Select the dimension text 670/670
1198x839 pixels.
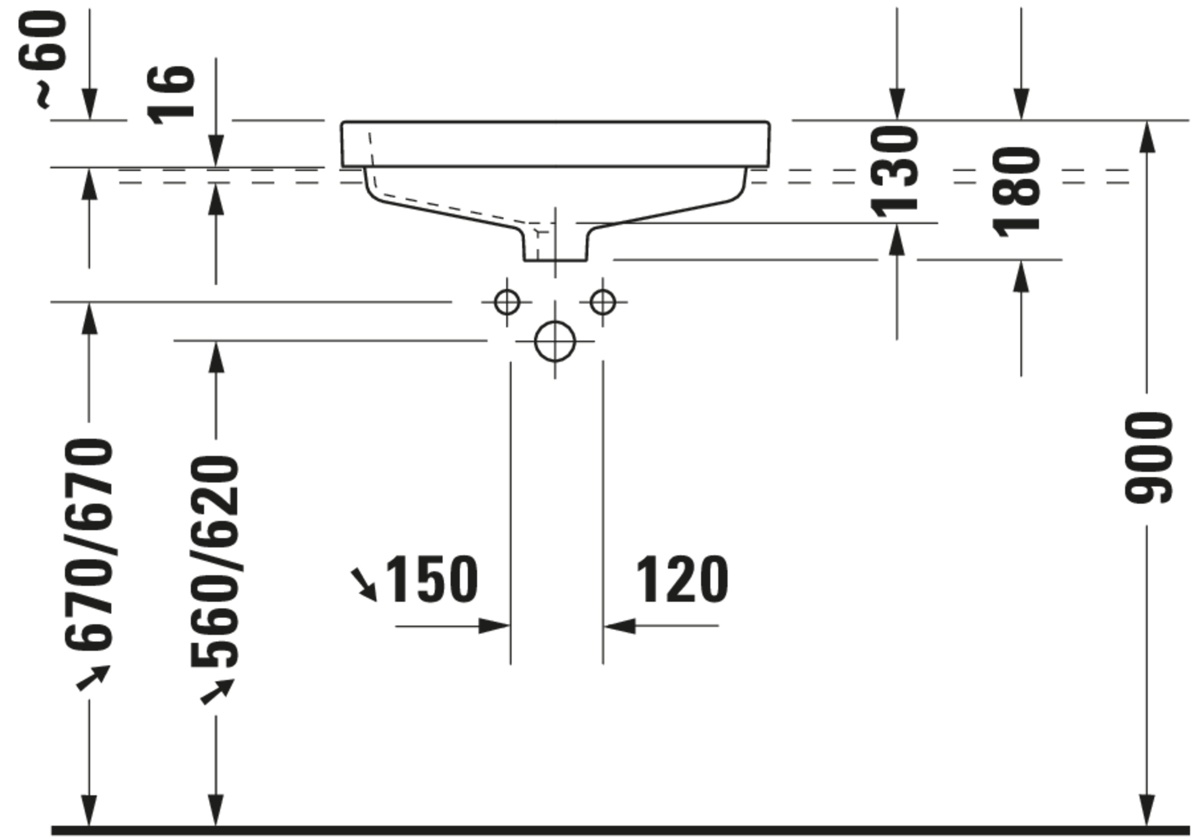[89, 545]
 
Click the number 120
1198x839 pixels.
[682, 579]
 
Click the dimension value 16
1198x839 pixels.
[171, 95]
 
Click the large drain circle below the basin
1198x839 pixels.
[555, 342]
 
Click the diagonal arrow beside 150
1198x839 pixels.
[364, 584]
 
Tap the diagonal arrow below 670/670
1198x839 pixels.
[93, 678]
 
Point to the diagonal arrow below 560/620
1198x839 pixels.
[217, 692]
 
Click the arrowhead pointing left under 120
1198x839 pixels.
[620, 626]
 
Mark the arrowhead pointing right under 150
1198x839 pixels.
[494, 626]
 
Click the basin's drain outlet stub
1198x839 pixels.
[555, 245]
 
